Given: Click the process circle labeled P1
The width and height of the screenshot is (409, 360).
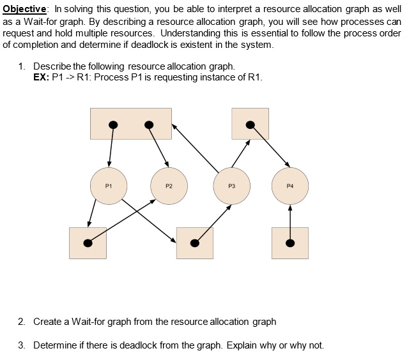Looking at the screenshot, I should [109, 186].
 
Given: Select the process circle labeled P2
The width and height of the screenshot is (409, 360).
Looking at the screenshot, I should [169, 186].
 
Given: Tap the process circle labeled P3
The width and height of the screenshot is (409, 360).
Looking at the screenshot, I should [231, 186].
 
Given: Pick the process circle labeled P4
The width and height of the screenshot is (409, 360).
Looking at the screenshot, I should [290, 186].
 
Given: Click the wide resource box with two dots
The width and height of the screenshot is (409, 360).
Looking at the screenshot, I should [131, 123].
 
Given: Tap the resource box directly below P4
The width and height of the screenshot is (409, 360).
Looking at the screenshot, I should [289, 243].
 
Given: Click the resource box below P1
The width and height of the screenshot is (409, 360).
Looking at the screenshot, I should [88, 243].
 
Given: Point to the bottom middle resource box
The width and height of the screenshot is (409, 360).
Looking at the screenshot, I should [194, 243].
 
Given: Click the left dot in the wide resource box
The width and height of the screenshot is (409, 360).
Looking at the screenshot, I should [112, 124].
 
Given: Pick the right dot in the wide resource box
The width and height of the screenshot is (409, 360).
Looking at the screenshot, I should [149, 124].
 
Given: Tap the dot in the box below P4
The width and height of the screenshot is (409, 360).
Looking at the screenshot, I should [289, 243].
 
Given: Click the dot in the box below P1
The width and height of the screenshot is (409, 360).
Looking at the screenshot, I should [88, 243].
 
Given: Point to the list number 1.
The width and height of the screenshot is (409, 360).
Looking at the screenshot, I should [22, 66].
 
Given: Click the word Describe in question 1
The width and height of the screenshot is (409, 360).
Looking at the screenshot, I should [52, 66].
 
